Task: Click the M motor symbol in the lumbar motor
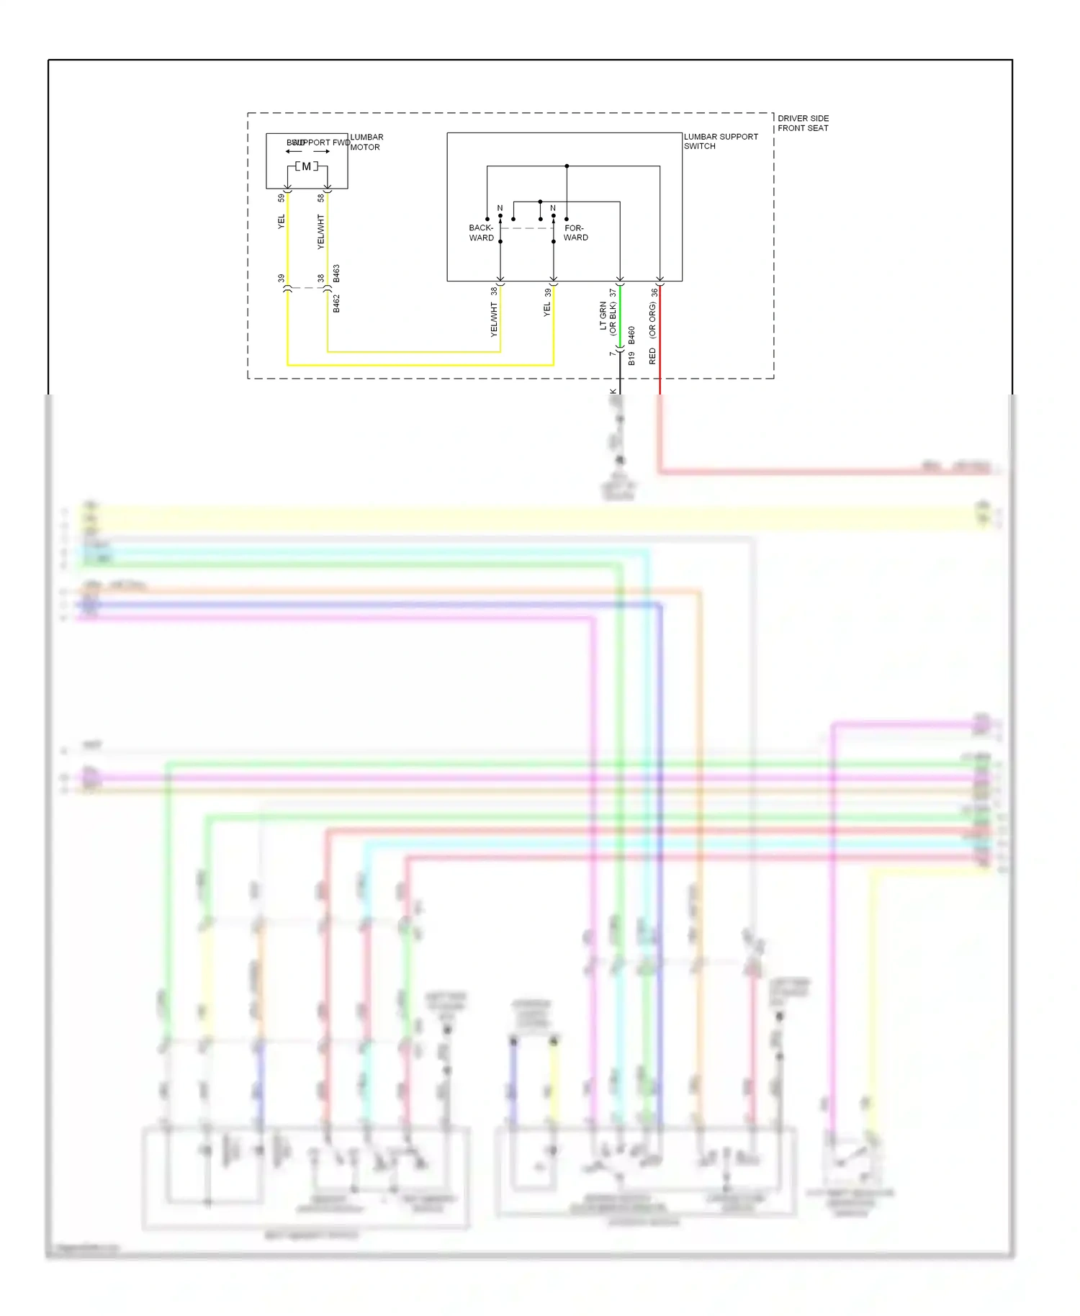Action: coord(306,166)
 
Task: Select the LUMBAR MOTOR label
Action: coord(366,142)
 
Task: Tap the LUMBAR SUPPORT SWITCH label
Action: coord(720,141)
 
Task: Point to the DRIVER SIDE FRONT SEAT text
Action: coord(803,123)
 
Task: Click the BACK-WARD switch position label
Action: coord(481,233)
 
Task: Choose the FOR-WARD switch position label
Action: coord(575,233)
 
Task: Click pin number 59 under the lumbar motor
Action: coord(281,198)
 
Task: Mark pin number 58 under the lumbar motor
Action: coord(321,198)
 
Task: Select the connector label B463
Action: coord(336,274)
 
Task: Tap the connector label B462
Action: coord(336,303)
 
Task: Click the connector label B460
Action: coord(631,335)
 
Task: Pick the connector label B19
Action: coord(631,358)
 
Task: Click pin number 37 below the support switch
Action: coord(613,293)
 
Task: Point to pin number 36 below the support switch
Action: coord(654,293)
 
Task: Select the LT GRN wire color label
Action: coord(603,316)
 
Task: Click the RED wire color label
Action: coord(652,356)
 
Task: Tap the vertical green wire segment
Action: coord(620,317)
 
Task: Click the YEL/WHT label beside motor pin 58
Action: coord(321,232)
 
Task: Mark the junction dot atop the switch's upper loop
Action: coord(567,166)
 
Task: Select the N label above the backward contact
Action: coord(500,208)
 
